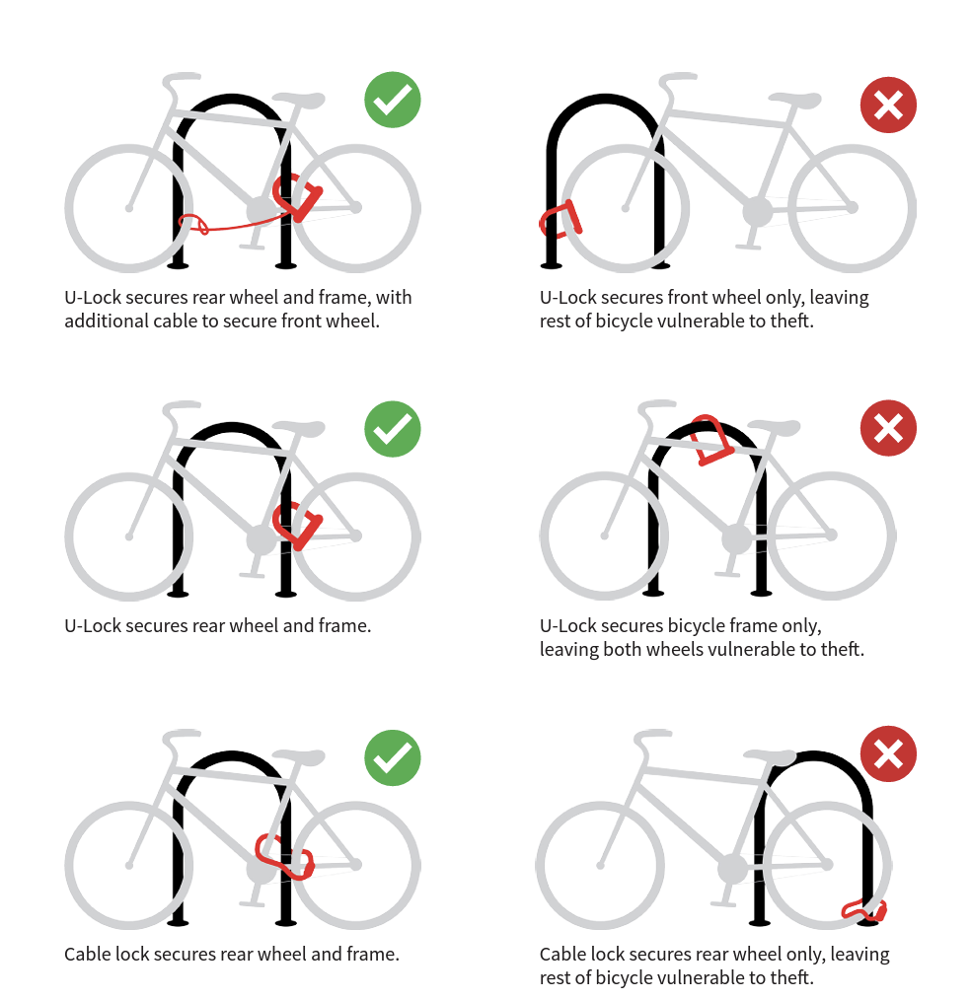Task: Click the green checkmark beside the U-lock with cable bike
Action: tap(393, 100)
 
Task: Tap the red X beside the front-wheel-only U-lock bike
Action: tap(888, 105)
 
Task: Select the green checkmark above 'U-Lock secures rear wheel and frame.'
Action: tap(393, 429)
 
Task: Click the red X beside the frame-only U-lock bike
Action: tap(888, 428)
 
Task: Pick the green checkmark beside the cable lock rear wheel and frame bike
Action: tap(393, 757)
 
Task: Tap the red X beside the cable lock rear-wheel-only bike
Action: tap(888, 753)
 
